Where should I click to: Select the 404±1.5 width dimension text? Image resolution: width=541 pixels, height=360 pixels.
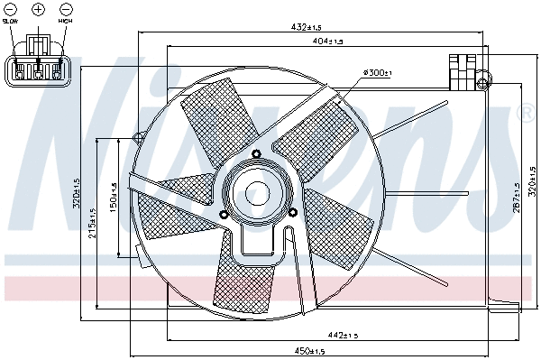tap(327, 42)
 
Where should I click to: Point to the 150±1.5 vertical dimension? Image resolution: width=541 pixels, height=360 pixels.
tap(113, 198)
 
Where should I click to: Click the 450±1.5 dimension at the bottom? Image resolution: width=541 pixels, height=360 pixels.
tap(312, 351)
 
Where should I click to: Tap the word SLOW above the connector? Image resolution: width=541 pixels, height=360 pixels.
tap(10, 19)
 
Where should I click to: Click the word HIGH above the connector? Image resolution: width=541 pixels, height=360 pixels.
tap(66, 19)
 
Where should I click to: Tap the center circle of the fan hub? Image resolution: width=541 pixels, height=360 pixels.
tap(258, 193)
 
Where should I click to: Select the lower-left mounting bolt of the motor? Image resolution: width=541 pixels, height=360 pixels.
tap(224, 214)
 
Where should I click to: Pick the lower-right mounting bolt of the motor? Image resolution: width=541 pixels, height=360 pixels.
tap(293, 212)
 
